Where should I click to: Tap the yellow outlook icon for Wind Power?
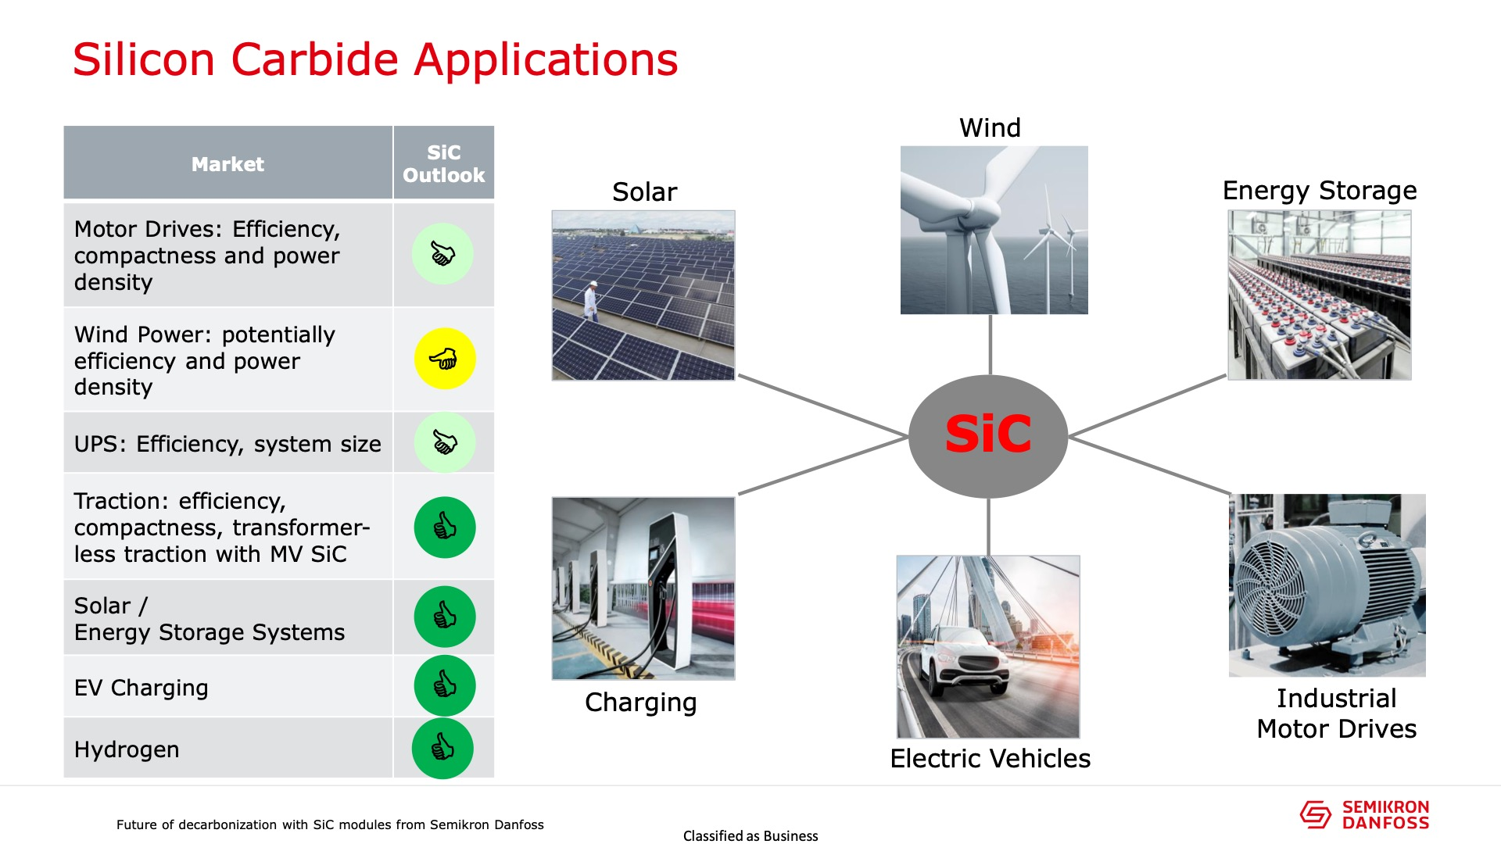pos(445,359)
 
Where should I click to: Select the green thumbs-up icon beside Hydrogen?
pos(442,748)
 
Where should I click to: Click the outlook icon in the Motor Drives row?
pos(442,254)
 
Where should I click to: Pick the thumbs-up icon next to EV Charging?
pos(445,685)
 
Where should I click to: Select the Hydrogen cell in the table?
pos(227,748)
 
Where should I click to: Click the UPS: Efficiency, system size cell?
pos(227,443)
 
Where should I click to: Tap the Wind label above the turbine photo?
pos(990,127)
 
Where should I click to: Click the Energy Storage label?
pos(1320,191)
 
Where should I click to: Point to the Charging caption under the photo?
pos(640,703)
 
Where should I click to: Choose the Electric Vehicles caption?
pos(990,758)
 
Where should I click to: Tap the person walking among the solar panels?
pos(592,300)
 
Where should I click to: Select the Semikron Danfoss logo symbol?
pos(1315,814)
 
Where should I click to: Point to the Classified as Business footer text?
pos(750,835)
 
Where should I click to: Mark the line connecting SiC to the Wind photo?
pos(991,345)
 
